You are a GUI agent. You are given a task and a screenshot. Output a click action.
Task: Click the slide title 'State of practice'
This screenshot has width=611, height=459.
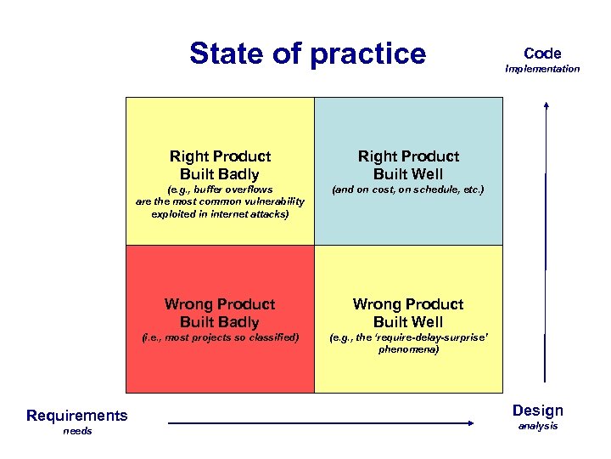(307, 54)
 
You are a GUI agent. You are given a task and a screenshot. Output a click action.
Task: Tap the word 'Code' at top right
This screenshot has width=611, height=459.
(542, 53)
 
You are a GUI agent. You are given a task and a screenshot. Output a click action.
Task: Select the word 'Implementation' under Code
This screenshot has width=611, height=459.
(542, 69)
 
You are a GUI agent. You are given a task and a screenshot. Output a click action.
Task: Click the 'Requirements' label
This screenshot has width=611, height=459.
(77, 415)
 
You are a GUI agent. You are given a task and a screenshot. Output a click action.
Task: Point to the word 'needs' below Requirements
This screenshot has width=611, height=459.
(76, 432)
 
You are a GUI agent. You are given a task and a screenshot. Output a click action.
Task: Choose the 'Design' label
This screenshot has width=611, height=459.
(537, 411)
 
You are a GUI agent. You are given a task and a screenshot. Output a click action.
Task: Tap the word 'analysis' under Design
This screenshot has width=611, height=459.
(538, 426)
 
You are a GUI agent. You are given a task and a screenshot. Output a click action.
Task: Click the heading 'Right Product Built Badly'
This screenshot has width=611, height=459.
(220, 165)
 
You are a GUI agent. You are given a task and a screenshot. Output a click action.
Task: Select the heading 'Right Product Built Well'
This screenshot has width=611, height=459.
(408, 165)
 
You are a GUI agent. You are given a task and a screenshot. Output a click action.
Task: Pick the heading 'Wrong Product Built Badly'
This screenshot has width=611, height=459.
(220, 313)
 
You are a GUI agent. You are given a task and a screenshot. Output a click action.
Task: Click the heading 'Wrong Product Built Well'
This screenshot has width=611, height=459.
(408, 313)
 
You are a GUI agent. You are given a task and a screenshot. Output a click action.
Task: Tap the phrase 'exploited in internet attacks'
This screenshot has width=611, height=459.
(219, 214)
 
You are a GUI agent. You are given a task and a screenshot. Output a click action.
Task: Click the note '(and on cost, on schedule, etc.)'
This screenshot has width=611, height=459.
(408, 190)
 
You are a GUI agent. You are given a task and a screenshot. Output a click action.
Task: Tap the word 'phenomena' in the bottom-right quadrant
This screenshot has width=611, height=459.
(407, 348)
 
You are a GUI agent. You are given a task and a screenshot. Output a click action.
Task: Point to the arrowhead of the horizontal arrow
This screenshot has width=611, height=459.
(472, 422)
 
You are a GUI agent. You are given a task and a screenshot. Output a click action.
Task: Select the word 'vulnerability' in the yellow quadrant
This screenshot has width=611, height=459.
(272, 201)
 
